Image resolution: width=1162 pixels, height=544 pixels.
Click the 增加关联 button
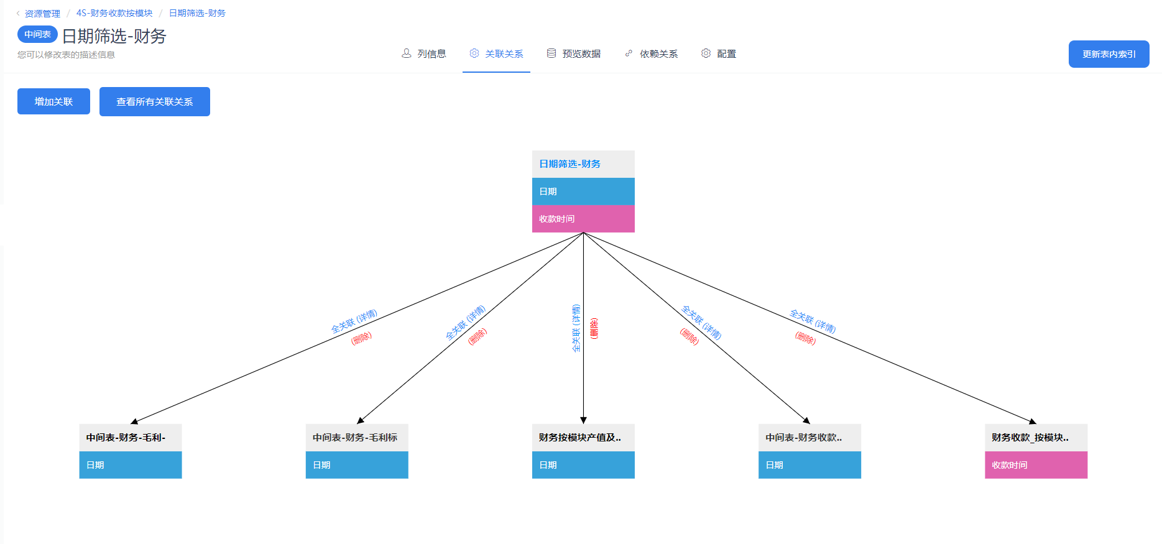[53, 101]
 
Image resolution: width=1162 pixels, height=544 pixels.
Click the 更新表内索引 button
[1109, 54]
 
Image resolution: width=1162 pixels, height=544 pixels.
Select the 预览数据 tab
[574, 54]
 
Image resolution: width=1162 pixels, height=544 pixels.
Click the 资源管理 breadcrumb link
[42, 13]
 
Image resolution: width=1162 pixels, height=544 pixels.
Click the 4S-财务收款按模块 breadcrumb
[114, 13]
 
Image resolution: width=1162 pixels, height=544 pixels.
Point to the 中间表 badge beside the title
[37, 34]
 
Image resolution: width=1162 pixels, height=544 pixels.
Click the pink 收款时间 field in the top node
[583, 219]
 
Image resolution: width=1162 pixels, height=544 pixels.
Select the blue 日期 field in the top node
[583, 191]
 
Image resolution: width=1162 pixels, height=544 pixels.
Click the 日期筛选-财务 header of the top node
[583, 164]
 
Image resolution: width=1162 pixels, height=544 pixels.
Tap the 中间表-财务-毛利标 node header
[356, 438]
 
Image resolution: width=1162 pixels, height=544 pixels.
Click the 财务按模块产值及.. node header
[583, 438]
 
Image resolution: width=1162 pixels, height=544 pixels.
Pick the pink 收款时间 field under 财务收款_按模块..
[1035, 465]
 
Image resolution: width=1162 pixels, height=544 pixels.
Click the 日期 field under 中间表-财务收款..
[809, 465]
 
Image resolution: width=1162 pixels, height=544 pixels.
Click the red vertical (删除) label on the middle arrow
[594, 328]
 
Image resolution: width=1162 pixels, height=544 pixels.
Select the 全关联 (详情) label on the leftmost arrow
[354, 321]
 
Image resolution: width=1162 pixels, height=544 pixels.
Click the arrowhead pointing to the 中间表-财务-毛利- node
[134, 422]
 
